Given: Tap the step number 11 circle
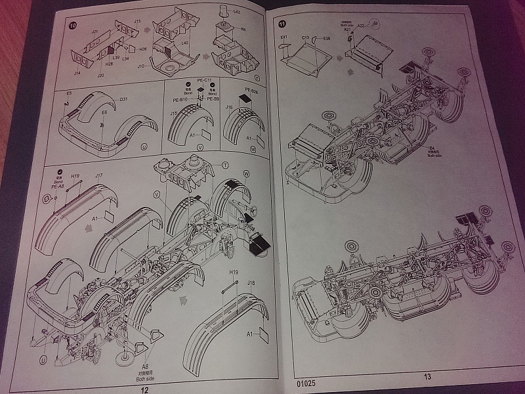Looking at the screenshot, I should (283, 24).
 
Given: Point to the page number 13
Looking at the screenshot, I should (427, 376).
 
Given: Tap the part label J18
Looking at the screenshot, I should (251, 283).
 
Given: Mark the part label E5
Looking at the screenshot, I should (69, 94).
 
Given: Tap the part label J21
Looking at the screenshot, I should (94, 32).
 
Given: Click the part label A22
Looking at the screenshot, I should (360, 24).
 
